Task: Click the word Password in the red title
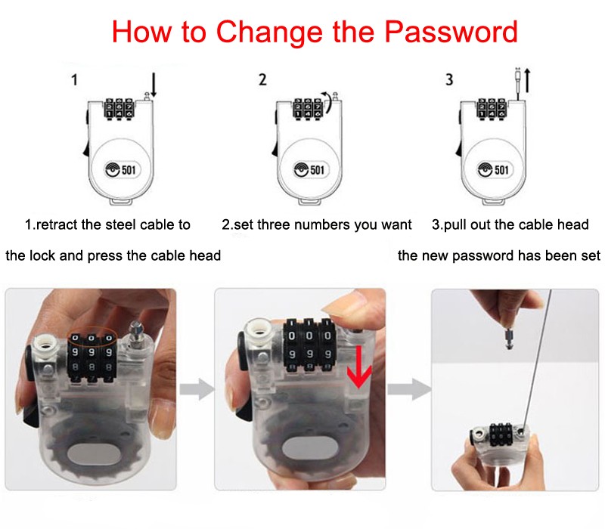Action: [x=451, y=32]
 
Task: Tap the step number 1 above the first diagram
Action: [x=74, y=80]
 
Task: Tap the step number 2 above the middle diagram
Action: [x=262, y=79]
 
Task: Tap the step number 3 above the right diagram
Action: [x=449, y=79]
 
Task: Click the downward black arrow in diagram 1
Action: [x=154, y=85]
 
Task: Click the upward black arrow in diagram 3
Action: [x=527, y=81]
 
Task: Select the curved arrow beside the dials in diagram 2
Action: [x=327, y=103]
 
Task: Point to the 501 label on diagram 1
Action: [x=129, y=169]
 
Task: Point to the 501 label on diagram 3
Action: [x=501, y=169]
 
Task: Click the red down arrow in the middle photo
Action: [x=359, y=367]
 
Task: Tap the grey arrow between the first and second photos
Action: [x=197, y=388]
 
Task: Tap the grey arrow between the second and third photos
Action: [x=409, y=388]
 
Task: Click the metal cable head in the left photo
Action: [x=137, y=333]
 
